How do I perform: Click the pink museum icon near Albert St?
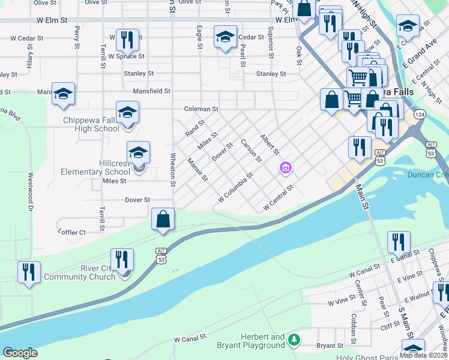[x=285, y=169]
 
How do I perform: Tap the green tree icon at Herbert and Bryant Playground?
[x=294, y=340]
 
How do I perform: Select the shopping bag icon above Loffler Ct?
[x=163, y=219]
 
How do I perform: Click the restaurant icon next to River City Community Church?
[x=122, y=259]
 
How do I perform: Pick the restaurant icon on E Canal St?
[x=398, y=242]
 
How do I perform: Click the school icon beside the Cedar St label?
[x=225, y=37]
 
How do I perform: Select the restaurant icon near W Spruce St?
[x=127, y=40]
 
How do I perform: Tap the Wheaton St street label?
[x=172, y=164]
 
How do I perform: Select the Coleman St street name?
[x=201, y=109]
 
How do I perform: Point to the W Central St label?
[x=278, y=199]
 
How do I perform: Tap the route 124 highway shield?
[x=419, y=114]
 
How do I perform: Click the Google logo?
[x=20, y=353]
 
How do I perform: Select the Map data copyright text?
[x=424, y=355]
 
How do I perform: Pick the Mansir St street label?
[x=197, y=169]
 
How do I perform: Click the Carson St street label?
[x=251, y=151]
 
